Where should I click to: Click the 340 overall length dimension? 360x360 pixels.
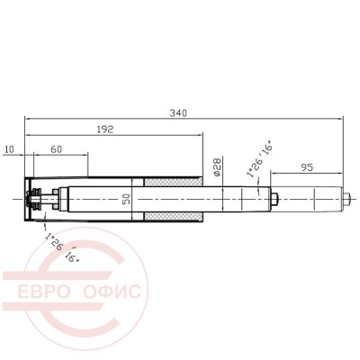pos(178,113)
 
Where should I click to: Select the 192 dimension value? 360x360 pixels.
pos(105,130)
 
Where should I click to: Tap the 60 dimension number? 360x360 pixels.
pos(56,149)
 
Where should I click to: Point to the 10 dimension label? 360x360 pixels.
pos(10,149)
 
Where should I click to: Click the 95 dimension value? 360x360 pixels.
pos(307,167)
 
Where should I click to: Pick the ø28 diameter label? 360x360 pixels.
pos(217,167)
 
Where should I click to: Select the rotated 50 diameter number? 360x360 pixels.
pos(127,199)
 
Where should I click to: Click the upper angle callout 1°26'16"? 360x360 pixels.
pos(259,161)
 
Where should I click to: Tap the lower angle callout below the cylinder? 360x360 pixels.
pos(62,247)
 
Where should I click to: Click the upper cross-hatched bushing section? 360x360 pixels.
pos(173,182)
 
